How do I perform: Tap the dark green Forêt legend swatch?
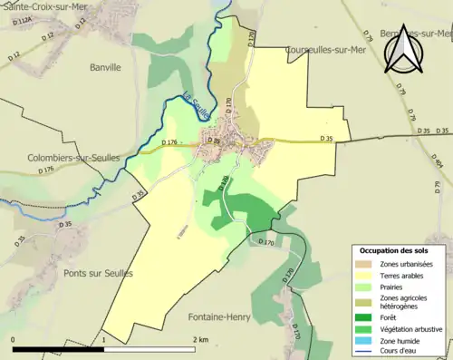364,316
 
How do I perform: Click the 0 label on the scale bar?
13,340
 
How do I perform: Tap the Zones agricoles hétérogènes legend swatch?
364,301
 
